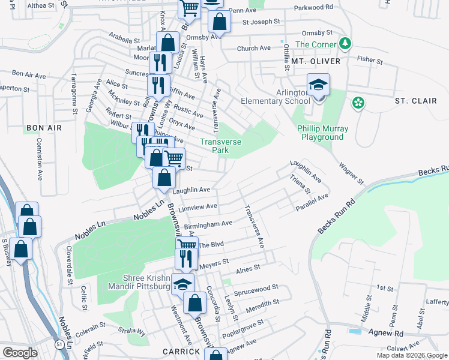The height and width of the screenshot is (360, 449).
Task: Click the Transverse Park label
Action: point(221,146)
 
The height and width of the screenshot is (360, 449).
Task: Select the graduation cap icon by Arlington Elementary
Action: point(318,85)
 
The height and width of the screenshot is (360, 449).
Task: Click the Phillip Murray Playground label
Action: point(321,133)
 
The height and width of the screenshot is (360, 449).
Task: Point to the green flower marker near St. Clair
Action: point(358,103)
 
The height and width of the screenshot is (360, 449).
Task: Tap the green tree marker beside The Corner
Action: point(345,44)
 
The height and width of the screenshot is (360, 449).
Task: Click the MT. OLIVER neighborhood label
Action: point(316,61)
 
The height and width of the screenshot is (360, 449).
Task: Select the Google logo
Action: point(20,353)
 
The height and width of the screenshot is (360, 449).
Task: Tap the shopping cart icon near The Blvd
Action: point(187,245)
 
